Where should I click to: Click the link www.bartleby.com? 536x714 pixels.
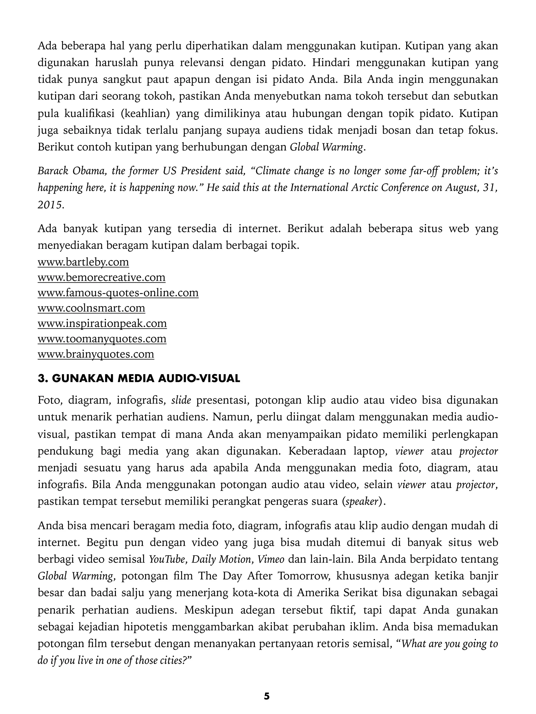(83, 262)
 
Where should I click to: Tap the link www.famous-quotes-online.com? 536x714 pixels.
(118, 293)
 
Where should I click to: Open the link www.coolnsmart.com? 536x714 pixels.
(91, 308)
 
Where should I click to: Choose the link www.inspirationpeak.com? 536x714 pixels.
(102, 323)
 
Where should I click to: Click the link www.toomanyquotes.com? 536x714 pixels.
(102, 339)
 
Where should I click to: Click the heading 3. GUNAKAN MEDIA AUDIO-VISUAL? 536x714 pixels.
(139, 378)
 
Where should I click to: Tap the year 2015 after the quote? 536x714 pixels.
(50, 205)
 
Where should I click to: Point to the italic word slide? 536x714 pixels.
(181, 401)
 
